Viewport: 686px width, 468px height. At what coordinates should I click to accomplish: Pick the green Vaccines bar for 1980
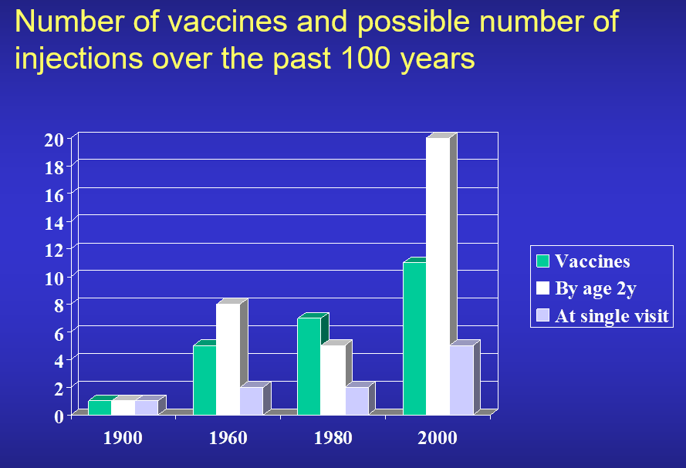pyautogui.click(x=309, y=365)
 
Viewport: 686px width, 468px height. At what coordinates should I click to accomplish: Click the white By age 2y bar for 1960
pyautogui.click(x=228, y=359)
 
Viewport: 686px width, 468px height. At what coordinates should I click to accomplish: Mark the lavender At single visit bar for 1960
pyautogui.click(x=251, y=400)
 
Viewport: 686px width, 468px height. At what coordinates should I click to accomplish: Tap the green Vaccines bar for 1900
pyautogui.click(x=100, y=407)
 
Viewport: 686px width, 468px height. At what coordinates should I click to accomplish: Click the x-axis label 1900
pyautogui.click(x=123, y=439)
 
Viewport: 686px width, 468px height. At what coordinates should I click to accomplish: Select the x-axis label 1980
pyautogui.click(x=333, y=439)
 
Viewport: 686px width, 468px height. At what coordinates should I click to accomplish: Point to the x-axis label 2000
pyautogui.click(x=438, y=439)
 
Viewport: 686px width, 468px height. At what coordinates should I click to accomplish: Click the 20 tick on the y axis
pyautogui.click(x=53, y=140)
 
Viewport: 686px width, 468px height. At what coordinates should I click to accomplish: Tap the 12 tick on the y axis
pyautogui.click(x=53, y=250)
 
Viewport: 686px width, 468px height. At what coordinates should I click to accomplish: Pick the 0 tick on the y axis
pyautogui.click(x=58, y=416)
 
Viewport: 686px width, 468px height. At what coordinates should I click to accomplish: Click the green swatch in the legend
pyautogui.click(x=543, y=261)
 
